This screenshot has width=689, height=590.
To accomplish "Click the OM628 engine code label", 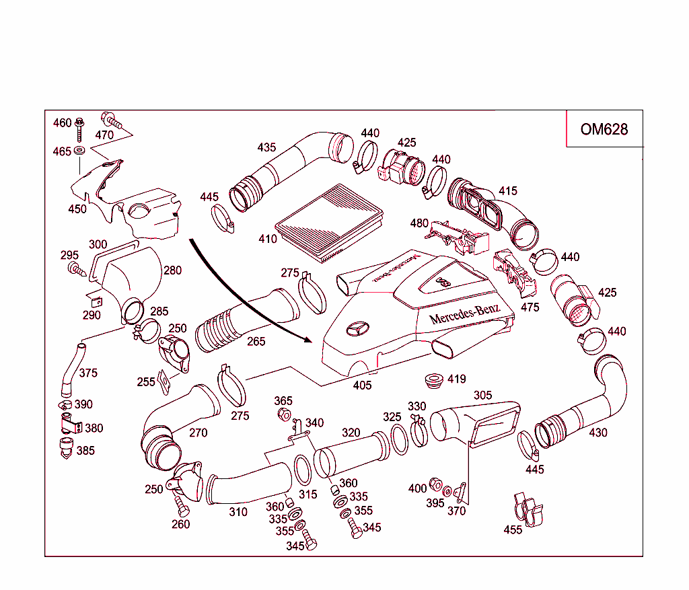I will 604,128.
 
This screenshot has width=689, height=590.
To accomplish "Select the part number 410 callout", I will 268,239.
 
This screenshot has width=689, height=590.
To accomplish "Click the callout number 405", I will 362,385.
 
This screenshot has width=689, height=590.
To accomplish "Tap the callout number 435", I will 267,147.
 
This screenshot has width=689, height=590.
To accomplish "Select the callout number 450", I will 77,209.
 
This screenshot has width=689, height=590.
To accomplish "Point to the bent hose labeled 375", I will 70,367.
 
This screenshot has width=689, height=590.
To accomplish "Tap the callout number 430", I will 597,433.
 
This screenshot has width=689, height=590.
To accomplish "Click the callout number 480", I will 419,223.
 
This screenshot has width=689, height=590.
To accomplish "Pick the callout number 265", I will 256,341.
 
